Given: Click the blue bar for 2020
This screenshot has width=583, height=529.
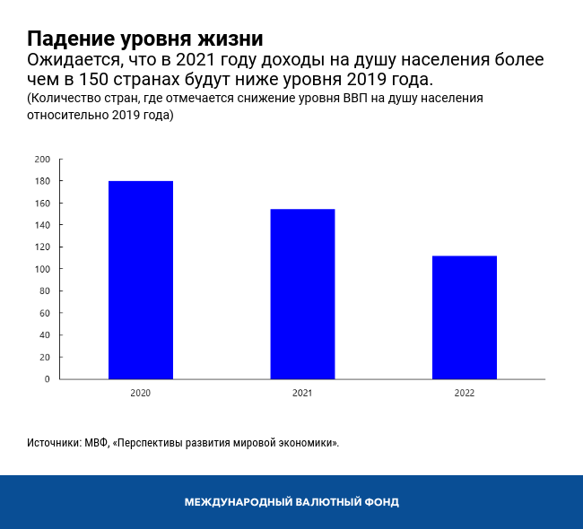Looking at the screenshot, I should [141, 280].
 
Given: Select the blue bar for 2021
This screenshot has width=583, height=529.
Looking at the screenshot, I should [302, 294].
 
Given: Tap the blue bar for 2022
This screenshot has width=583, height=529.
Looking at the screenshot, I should [465, 317].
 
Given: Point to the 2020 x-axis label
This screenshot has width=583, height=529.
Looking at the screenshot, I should [140, 393].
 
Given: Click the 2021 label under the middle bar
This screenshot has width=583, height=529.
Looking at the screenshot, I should [302, 393].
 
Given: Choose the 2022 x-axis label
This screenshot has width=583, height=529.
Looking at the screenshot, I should [465, 393].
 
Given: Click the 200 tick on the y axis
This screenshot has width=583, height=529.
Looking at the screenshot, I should [42, 160].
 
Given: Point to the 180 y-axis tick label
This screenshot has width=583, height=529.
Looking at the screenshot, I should [42, 181].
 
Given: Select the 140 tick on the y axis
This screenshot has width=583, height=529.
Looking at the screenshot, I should [42, 225].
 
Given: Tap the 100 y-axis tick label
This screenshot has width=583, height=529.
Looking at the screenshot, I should [42, 269].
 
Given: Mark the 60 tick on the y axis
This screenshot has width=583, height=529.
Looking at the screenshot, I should [45, 313].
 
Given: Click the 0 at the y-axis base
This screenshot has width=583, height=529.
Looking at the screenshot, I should [48, 378].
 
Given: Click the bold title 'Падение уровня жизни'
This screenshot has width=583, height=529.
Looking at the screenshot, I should [144, 39].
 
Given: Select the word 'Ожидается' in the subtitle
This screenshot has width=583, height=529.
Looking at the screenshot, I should [73, 61].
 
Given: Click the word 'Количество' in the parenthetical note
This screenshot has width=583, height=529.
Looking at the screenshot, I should [63, 99].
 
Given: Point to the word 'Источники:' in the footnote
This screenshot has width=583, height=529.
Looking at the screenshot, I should [54, 443].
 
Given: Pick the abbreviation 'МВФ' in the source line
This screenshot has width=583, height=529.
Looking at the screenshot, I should [97, 443].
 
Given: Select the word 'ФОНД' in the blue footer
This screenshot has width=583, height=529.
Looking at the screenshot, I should [380, 502].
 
